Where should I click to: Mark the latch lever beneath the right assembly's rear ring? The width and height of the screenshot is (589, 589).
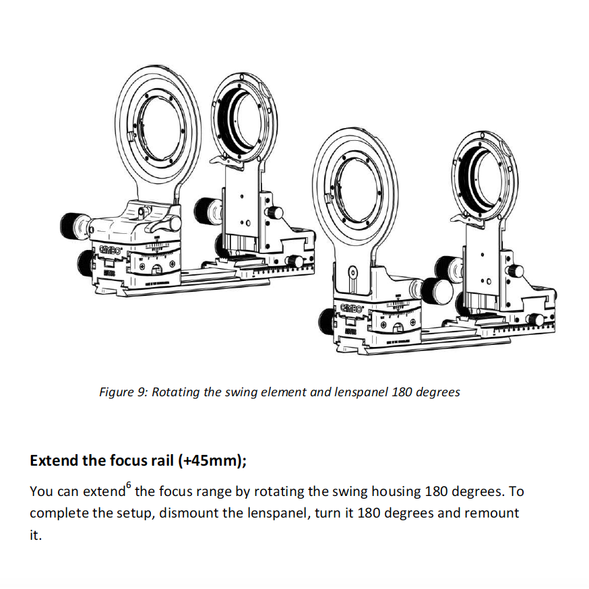(464, 217)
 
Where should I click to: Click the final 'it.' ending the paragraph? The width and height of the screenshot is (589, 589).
(36, 536)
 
